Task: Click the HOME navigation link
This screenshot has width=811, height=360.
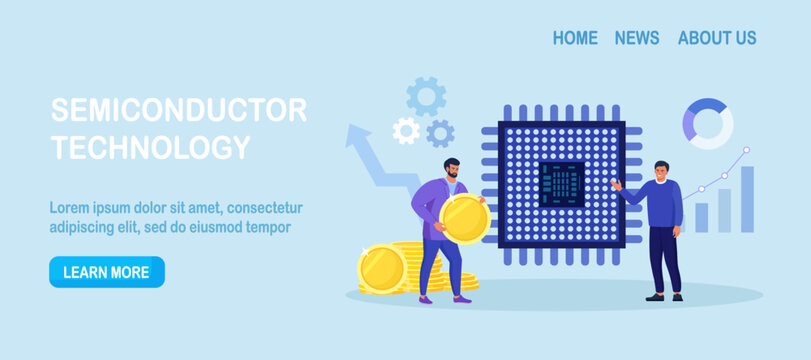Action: (x=575, y=38)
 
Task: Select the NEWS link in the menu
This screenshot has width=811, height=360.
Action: (x=637, y=38)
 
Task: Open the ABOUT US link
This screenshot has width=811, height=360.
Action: (x=717, y=38)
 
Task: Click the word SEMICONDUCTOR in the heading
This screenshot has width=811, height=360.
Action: (x=179, y=110)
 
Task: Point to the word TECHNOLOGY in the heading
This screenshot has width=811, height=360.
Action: (x=150, y=148)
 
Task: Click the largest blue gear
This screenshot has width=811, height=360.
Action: (x=426, y=96)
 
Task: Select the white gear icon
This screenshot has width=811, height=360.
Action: (x=405, y=130)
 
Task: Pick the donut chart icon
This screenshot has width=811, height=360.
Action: (x=708, y=123)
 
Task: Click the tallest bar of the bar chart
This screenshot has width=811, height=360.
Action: (x=747, y=199)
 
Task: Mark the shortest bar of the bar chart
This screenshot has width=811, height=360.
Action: (x=702, y=217)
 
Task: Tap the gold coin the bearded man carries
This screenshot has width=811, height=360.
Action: (x=465, y=218)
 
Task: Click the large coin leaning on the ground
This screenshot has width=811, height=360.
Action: (x=382, y=269)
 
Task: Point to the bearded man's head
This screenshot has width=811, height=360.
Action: (x=452, y=169)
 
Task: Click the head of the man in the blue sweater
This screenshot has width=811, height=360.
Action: (x=661, y=171)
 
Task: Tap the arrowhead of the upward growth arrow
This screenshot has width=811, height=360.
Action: (x=358, y=138)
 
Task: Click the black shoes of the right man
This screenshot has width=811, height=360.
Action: (x=664, y=296)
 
